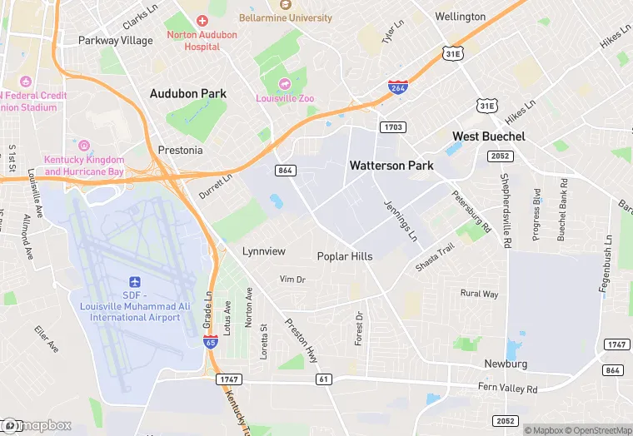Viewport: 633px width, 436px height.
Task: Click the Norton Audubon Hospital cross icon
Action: coord(202,20)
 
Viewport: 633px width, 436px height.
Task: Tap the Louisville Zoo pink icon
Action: coord(285,84)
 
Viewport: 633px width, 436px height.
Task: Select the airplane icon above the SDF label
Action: coord(135,284)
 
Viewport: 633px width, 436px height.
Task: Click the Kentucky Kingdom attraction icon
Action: coord(83,146)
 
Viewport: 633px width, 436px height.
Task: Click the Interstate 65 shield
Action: coord(211,341)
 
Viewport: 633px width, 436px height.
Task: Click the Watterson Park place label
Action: coord(391,166)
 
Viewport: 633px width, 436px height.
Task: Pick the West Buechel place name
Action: coord(488,136)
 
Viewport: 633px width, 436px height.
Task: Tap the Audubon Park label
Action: coord(187,94)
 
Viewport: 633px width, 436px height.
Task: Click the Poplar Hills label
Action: coord(344,256)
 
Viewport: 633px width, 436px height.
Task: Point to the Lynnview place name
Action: coord(263,251)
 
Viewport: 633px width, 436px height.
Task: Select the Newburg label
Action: coord(506,364)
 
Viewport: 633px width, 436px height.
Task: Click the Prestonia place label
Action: coord(180,151)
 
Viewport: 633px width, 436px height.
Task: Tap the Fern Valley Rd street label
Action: coord(507,389)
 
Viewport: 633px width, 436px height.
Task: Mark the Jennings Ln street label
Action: coord(401,220)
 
